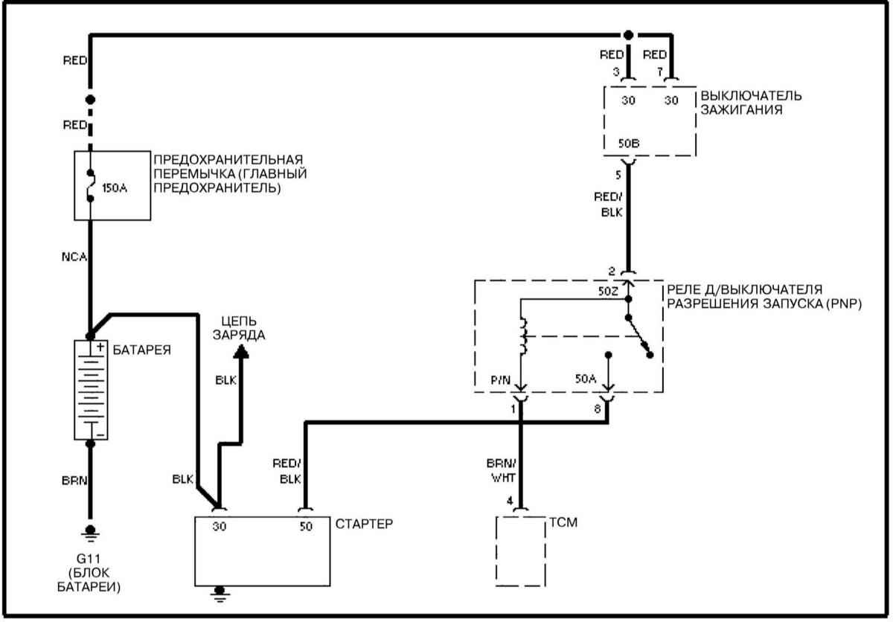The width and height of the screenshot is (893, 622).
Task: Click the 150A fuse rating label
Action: point(115,187)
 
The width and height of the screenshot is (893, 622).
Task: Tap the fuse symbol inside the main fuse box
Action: point(91,185)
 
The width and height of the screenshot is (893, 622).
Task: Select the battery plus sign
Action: point(100,347)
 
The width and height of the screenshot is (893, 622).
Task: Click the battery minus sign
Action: point(101,435)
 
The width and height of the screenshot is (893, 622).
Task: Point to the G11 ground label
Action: point(88,559)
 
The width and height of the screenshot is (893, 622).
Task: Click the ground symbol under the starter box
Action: point(220,594)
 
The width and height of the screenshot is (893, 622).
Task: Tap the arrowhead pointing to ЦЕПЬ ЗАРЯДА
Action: point(241,351)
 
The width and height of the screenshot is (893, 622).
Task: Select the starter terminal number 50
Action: point(306,526)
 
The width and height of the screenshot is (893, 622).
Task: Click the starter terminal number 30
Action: point(220,526)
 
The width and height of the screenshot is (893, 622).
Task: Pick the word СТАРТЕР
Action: point(364,524)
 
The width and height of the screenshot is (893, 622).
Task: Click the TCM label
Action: point(563,522)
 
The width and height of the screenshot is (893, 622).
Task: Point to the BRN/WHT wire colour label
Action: point(502,470)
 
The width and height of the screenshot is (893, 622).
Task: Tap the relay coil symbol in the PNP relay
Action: point(522,336)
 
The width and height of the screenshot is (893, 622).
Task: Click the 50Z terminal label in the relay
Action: point(608,292)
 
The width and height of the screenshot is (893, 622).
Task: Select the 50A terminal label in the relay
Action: point(586,379)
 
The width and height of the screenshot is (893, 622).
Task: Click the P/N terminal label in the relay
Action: point(500,380)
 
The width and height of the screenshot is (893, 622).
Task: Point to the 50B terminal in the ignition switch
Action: point(629,143)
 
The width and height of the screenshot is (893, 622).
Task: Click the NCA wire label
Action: point(74,257)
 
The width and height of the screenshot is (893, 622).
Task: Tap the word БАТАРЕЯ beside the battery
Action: point(142,350)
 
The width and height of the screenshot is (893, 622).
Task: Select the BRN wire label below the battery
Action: point(74,481)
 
